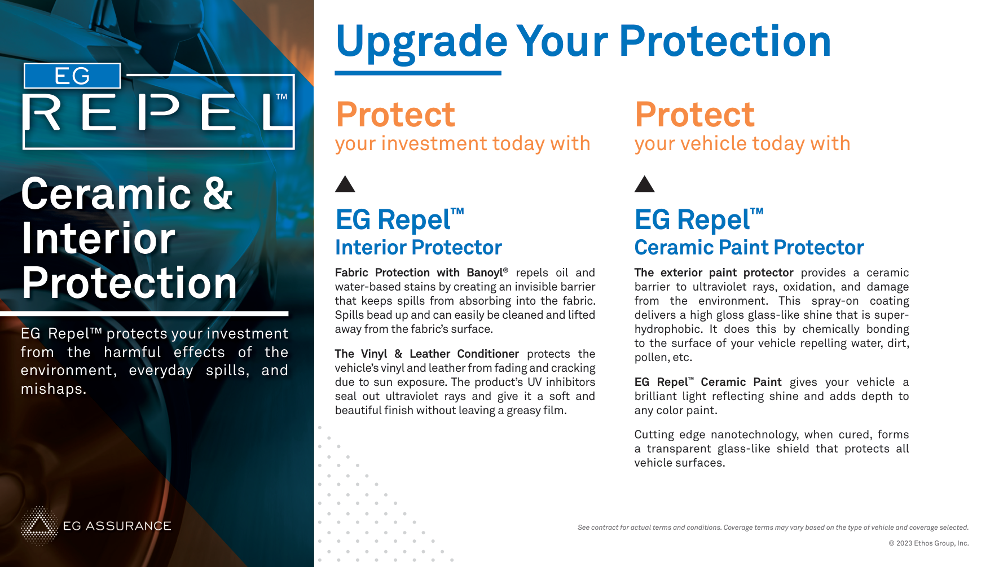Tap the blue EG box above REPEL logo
[x=72, y=76]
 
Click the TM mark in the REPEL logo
[x=281, y=97]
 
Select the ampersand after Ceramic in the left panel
[x=218, y=194]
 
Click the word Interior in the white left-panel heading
[x=98, y=239]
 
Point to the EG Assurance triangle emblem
[x=39, y=526]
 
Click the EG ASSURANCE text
[x=117, y=526]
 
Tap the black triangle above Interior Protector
[x=345, y=184]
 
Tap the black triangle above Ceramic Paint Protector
[x=644, y=184]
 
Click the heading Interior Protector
[x=418, y=248]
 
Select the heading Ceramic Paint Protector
[x=749, y=248]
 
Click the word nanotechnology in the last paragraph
[x=754, y=435]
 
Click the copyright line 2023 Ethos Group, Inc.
[x=929, y=543]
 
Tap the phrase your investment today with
[x=463, y=144]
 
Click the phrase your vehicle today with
[x=742, y=144]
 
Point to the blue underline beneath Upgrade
[x=418, y=73]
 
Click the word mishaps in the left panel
[x=54, y=389]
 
